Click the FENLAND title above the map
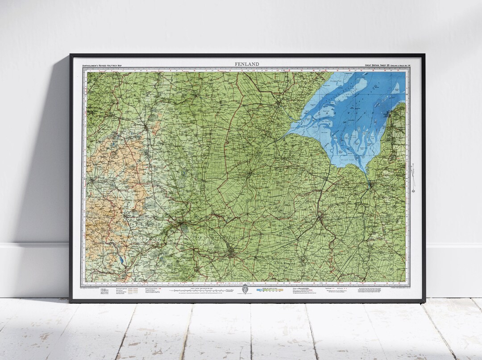click(247, 64)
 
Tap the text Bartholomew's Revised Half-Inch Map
click(102, 66)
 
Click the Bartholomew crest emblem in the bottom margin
click(244, 290)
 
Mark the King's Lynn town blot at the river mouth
click(369, 183)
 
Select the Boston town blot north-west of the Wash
click(278, 104)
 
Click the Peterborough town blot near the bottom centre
click(232, 254)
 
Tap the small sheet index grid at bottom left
click(104, 291)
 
